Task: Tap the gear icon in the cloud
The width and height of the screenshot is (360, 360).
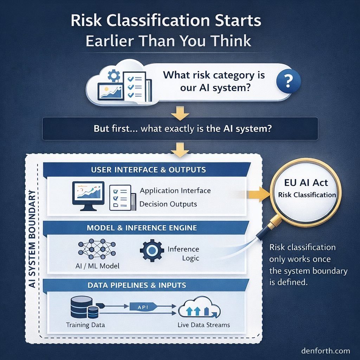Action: point(114,76)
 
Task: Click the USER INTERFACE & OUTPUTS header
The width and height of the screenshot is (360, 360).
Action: point(148,169)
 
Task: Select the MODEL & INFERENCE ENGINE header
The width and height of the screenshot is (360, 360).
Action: point(142,228)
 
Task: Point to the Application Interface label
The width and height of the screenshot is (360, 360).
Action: point(175,191)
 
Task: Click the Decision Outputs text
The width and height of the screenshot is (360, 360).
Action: point(168,204)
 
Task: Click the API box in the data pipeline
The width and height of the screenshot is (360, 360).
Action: point(143,307)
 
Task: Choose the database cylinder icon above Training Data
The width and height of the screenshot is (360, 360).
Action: point(82,307)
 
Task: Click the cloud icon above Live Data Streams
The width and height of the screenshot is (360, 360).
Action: point(199,310)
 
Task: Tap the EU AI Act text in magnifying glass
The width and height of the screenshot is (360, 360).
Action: point(306,182)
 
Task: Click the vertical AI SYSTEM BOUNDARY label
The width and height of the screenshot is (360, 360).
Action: point(32,239)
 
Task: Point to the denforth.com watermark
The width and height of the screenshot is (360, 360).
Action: point(325,351)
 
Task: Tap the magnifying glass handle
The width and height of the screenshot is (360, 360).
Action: point(266,229)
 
